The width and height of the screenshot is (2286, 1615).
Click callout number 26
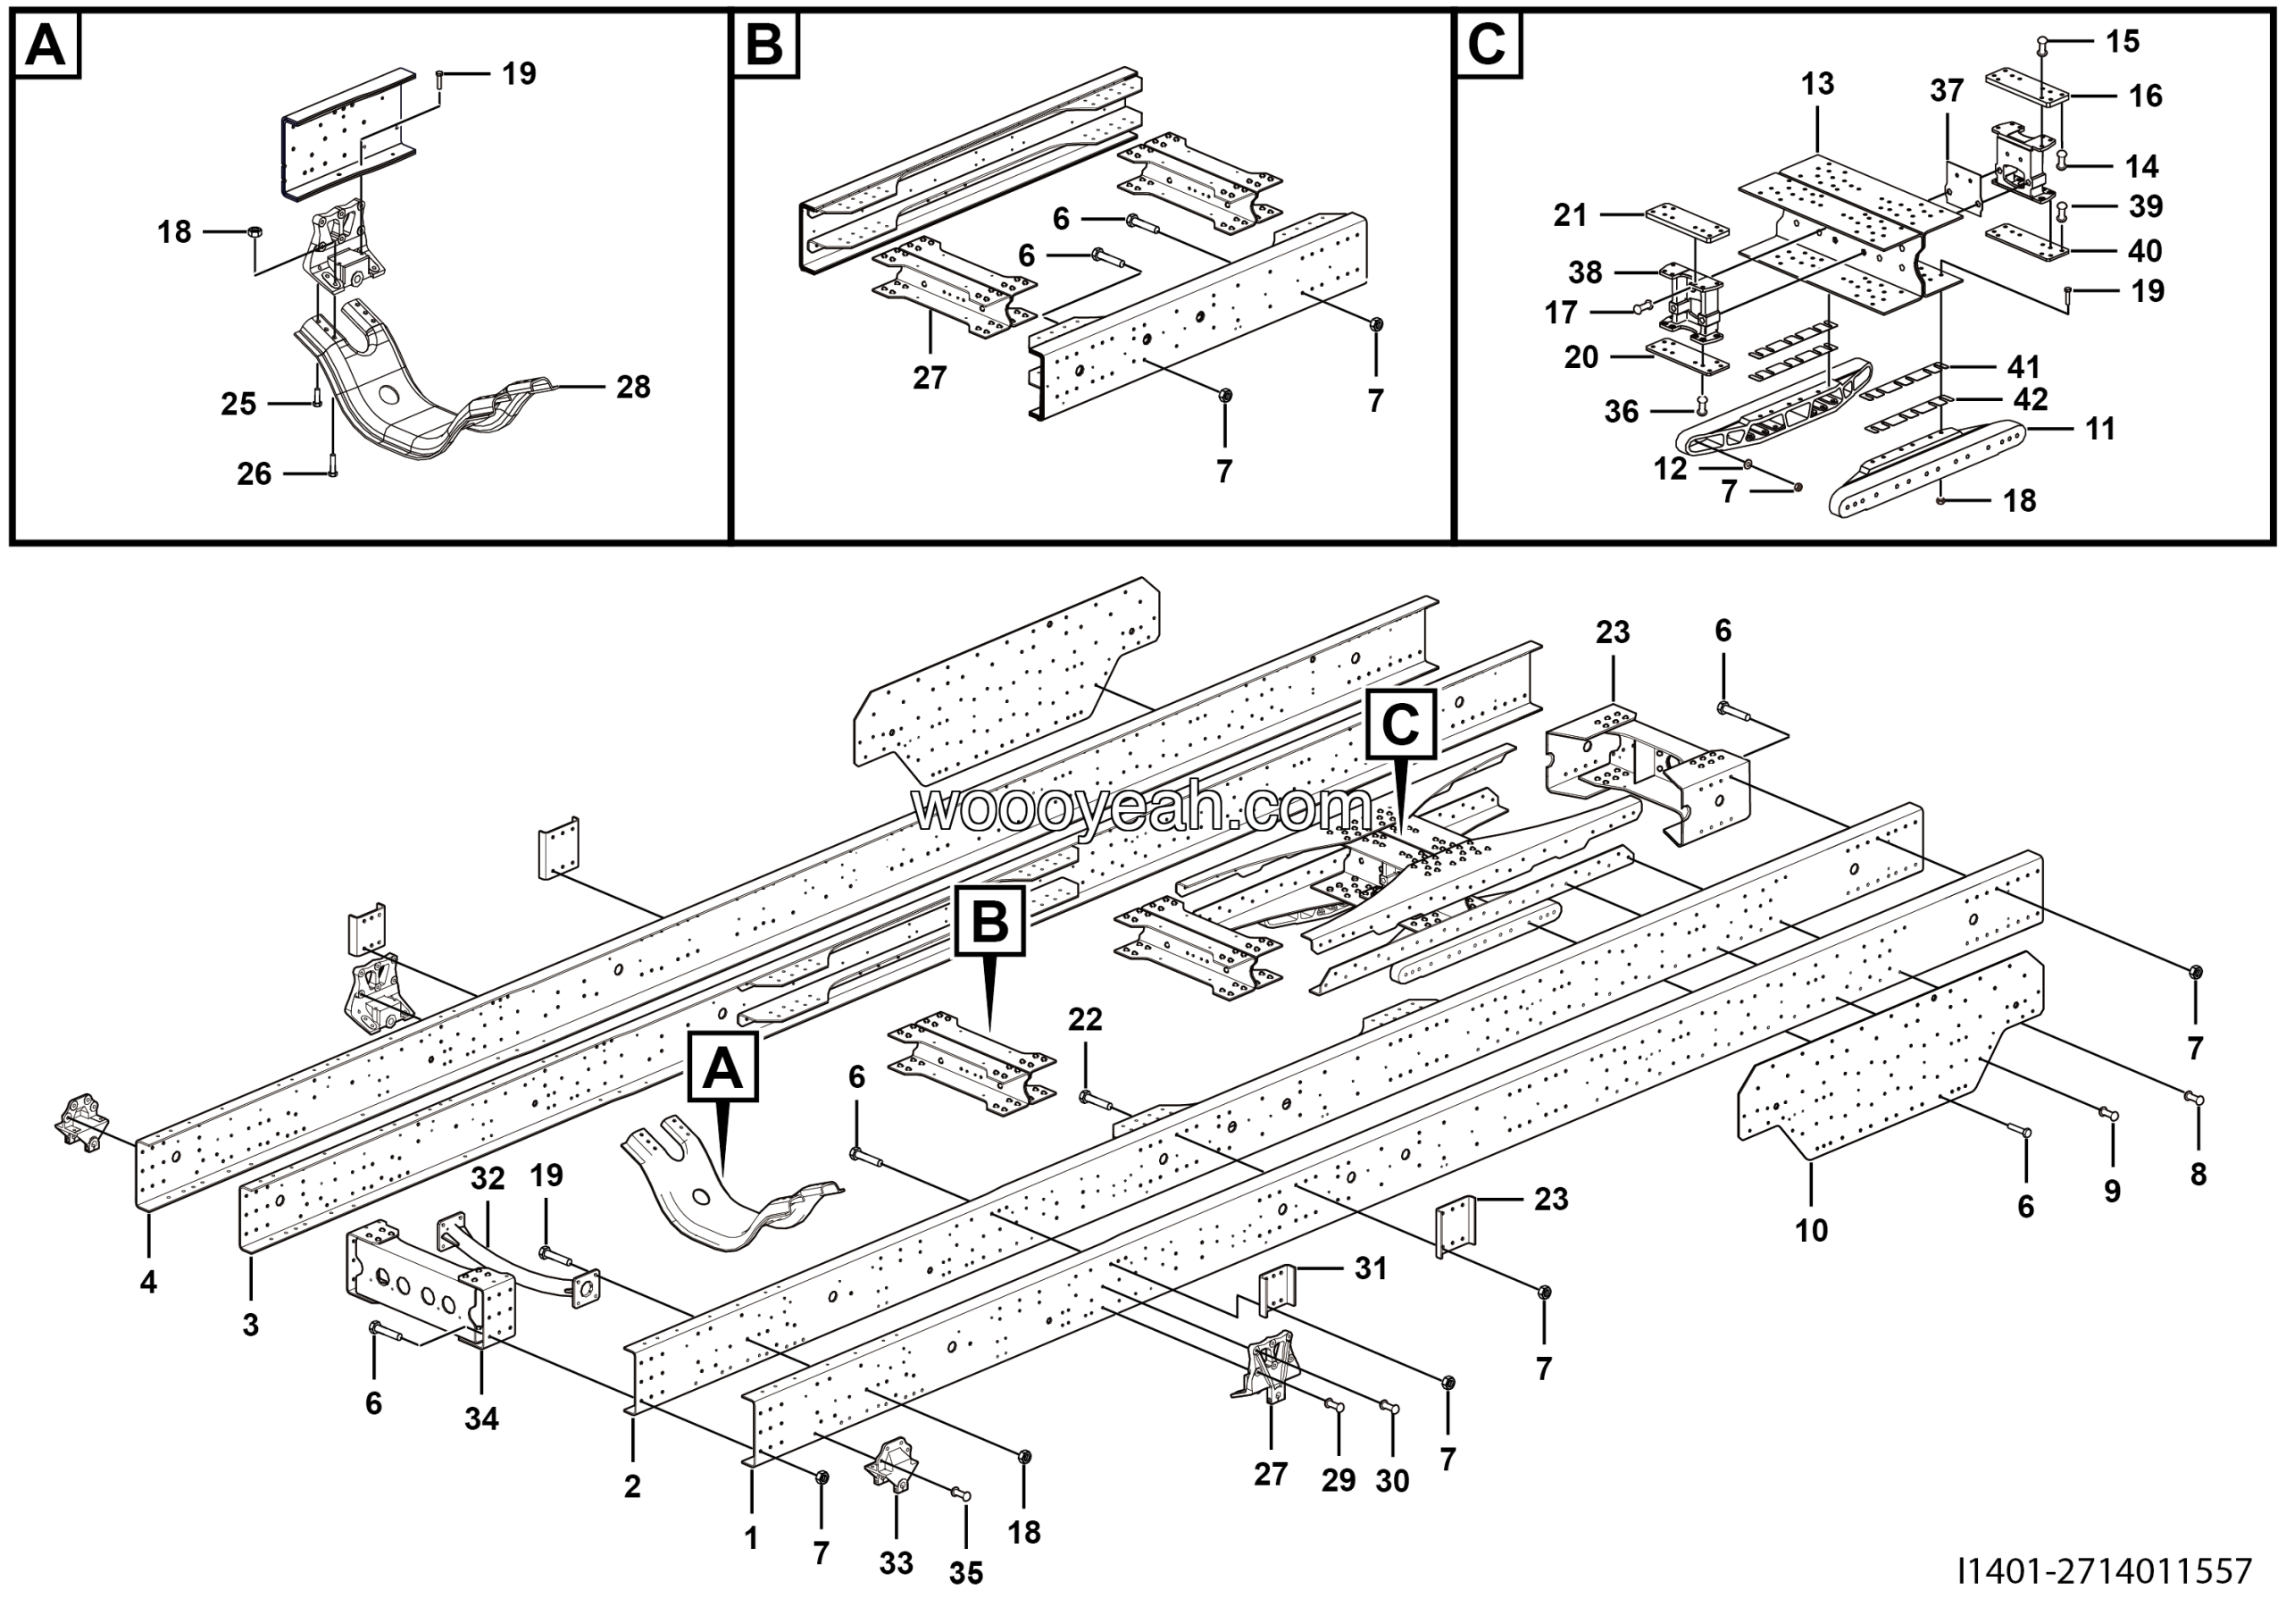click(254, 474)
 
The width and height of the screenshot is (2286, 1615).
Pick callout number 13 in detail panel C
click(1817, 84)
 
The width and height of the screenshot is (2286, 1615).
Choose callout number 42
click(2032, 399)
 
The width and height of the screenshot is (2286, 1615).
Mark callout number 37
click(1947, 90)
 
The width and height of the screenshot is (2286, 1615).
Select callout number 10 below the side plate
click(1811, 1231)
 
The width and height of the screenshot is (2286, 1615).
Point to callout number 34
click(482, 1418)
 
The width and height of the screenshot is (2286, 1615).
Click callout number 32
click(488, 1178)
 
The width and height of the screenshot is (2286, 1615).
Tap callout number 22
click(1085, 1018)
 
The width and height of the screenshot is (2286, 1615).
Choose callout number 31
click(1371, 1268)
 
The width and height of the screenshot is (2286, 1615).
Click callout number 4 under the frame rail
click(148, 1283)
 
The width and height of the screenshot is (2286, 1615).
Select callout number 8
click(2198, 1174)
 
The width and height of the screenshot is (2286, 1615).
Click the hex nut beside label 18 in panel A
click(254, 232)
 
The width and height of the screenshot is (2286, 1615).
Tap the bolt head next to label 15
click(2040, 43)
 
